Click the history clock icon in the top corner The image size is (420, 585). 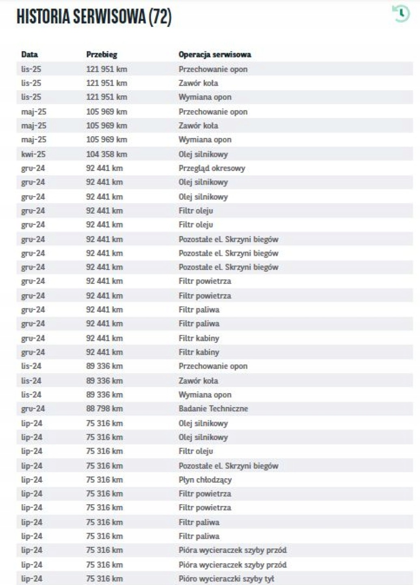pos(401,13)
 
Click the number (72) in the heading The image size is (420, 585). pos(160,17)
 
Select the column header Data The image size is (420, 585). pos(29,54)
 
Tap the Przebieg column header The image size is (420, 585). pos(102,54)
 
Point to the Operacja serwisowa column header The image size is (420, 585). pos(214,54)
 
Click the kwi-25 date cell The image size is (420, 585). pos(34,154)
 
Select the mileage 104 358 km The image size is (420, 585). pos(106,154)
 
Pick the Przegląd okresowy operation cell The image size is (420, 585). pos(212,168)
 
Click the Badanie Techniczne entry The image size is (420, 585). pos(213,409)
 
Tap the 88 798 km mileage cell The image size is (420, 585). pos(104,409)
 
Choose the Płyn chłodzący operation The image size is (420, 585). pos(205,480)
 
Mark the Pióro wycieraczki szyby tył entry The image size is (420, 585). pos(226,578)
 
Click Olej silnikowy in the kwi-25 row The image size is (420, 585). pos(203,154)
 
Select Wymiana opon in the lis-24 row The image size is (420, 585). pos(205,394)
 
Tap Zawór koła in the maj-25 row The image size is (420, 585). pos(198,126)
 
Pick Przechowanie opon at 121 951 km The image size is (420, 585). pos(213,69)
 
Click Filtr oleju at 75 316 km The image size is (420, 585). pos(196,451)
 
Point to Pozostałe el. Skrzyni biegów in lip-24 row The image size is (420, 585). pos(228,466)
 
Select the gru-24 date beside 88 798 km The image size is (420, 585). pos(33,409)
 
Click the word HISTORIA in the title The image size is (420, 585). pos(43,17)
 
